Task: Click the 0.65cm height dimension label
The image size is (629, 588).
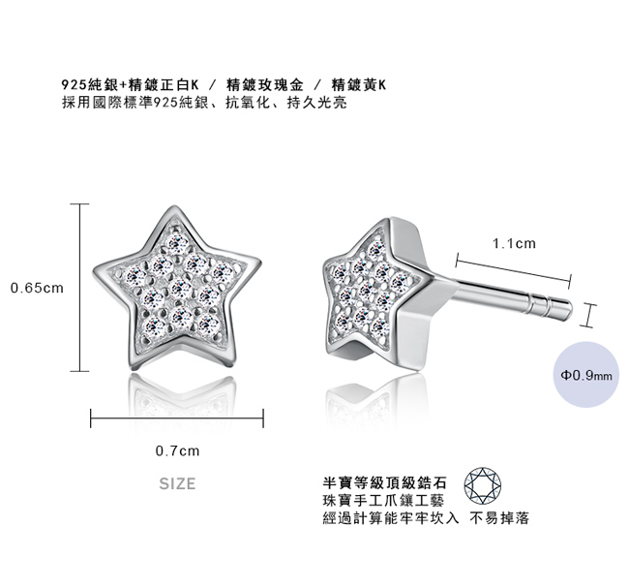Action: (x=37, y=288)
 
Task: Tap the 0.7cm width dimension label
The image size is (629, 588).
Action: (x=177, y=450)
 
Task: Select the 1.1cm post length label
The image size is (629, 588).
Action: (x=514, y=244)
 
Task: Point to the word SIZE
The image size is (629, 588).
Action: (x=177, y=483)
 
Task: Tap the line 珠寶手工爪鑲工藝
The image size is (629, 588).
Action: (x=378, y=500)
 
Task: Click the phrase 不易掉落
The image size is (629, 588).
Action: (x=499, y=518)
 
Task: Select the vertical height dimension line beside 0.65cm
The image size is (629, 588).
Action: (x=79, y=288)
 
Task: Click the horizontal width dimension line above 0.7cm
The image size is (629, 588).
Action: (x=177, y=418)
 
